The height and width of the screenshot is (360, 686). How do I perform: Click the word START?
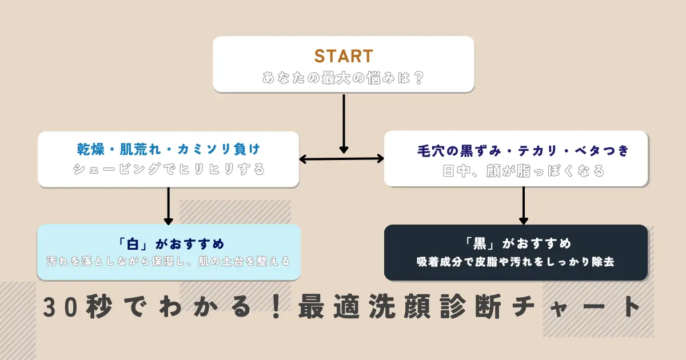tap(344, 56)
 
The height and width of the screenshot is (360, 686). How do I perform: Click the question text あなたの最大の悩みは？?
tap(344, 77)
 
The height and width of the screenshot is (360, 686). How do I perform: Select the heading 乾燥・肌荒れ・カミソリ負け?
tap(169, 150)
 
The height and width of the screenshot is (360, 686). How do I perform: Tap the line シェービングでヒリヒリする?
tap(169, 170)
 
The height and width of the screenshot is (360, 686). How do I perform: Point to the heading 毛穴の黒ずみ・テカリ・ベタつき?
tap(524, 151)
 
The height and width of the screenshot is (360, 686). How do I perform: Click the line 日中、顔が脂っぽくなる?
tap(524, 171)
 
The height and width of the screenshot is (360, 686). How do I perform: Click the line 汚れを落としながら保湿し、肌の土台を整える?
tap(169, 261)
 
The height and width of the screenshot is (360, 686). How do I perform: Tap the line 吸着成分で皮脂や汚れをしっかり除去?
tap(516, 262)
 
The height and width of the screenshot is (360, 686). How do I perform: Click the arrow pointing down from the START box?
tap(344, 123)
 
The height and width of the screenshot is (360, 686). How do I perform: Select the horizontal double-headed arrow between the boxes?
tap(342, 159)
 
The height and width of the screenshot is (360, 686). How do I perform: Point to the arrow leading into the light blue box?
tap(169, 206)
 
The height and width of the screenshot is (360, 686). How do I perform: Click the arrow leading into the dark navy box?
tap(524, 206)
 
